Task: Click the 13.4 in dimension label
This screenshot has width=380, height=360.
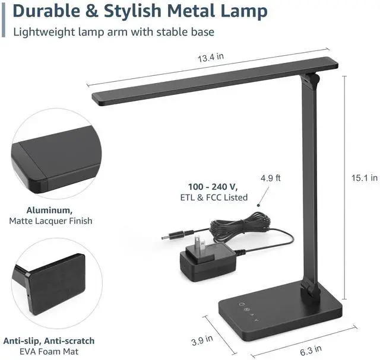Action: coord(211,58)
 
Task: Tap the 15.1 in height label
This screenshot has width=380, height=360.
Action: coord(364,178)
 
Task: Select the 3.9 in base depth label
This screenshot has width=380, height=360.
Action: coord(202,340)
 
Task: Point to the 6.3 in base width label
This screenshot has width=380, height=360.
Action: coord(311,351)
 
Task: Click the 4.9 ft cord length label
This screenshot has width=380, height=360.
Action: coord(271,178)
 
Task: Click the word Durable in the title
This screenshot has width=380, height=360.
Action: coord(47,11)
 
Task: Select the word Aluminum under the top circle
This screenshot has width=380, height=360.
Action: coord(49,210)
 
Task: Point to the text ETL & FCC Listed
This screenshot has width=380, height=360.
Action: coord(214,197)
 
